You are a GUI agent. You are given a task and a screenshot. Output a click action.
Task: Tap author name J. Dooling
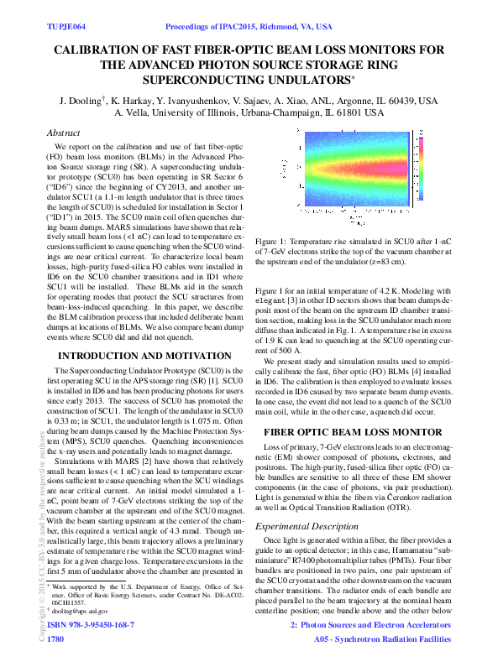coord(76,101)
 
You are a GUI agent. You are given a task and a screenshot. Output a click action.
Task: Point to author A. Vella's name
coord(134,113)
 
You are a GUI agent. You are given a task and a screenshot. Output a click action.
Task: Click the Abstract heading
coord(63,133)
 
